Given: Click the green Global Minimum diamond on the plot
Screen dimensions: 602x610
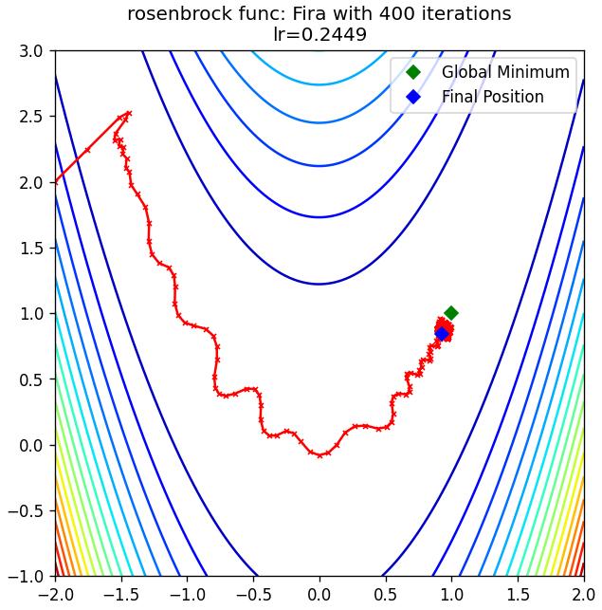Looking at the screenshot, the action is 451,313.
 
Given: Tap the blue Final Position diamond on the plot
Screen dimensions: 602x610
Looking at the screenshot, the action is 442,333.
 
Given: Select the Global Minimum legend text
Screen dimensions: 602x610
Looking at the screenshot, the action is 505,72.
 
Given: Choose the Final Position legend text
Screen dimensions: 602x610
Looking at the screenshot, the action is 492,97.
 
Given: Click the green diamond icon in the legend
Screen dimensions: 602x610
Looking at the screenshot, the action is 413,72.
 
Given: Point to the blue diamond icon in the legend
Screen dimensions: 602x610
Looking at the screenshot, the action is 413,97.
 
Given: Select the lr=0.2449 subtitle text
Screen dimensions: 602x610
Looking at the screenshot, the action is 319,34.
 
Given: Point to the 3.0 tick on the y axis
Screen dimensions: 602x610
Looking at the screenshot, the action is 31,51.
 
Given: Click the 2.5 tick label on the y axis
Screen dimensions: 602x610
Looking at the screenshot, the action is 31,117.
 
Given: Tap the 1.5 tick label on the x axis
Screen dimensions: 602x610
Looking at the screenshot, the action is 518,595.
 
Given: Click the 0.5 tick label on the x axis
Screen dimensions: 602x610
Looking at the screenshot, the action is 386,595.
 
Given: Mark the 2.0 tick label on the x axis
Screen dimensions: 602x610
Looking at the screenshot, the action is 583,595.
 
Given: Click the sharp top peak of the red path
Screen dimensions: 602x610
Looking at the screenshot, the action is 129,113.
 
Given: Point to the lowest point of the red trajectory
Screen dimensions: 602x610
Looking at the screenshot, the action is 319,455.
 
